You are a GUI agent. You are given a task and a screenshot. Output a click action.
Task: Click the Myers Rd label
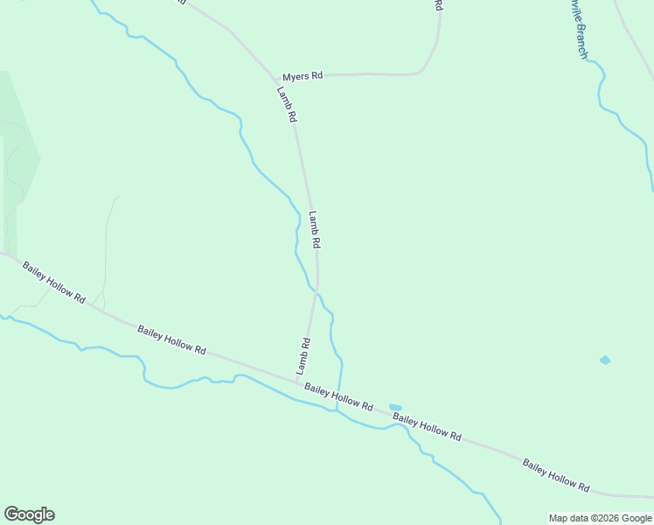tap(303, 76)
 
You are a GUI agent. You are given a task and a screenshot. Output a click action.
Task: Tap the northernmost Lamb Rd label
tap(288, 103)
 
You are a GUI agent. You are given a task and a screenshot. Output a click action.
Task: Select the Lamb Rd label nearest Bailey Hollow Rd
tap(303, 356)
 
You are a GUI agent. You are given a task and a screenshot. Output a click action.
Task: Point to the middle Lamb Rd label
tap(316, 229)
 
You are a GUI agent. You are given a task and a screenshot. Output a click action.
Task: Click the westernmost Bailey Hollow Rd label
tap(54, 283)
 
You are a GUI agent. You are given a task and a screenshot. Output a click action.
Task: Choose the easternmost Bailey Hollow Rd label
tap(556, 475)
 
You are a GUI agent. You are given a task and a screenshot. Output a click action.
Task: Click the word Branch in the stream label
tap(580, 40)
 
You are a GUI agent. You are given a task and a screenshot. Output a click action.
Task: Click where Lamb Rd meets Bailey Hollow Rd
tap(300, 381)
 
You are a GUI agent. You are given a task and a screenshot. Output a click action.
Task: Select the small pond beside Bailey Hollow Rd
tap(395, 407)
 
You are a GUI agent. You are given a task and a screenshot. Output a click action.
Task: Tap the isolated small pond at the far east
tap(605, 360)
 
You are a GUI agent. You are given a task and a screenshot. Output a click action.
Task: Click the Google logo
tap(29, 514)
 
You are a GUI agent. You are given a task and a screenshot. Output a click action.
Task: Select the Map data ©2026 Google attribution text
tap(601, 518)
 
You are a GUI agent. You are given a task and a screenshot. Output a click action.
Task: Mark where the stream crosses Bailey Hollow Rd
tap(337, 402)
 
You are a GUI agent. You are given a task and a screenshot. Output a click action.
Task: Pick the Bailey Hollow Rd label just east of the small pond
tap(427, 427)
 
